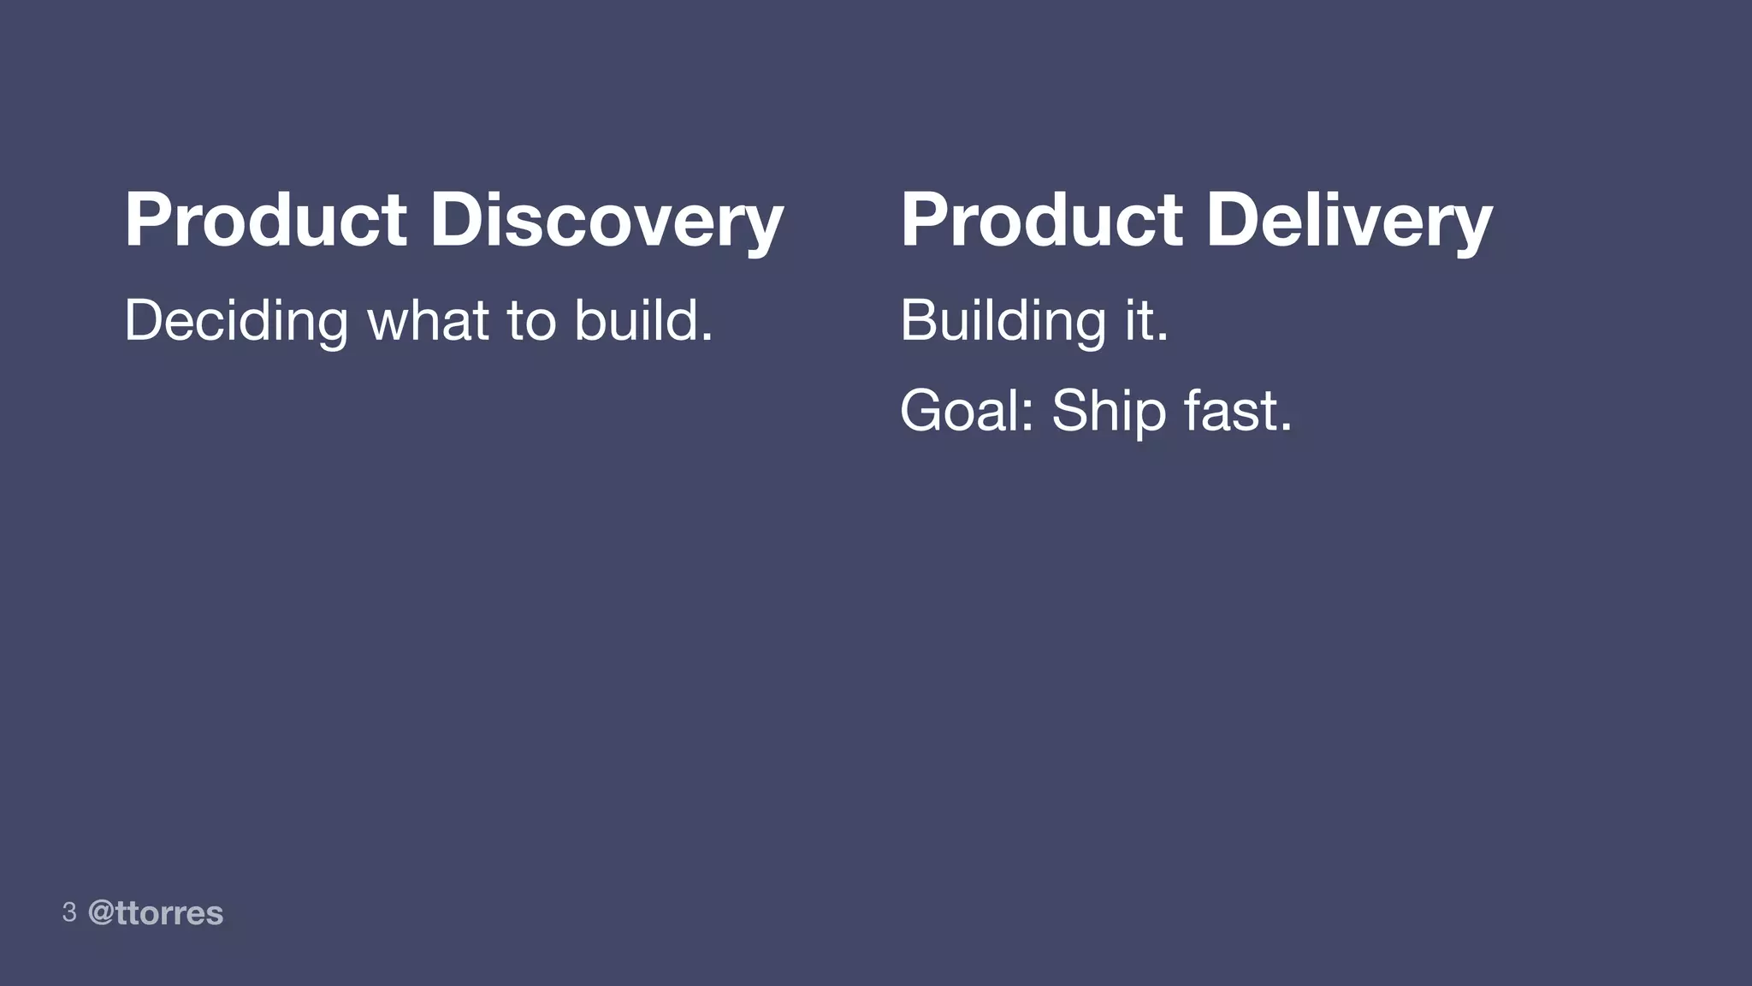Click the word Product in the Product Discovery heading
click(x=265, y=220)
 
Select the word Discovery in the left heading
click(x=607, y=220)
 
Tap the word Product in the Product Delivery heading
click(x=1041, y=220)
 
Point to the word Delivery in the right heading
click(x=1349, y=220)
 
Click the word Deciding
click(x=236, y=321)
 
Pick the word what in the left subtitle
click(x=428, y=321)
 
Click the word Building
click(x=1003, y=321)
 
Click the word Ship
click(x=1109, y=411)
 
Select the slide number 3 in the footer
click(x=69, y=912)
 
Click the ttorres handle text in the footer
click(x=169, y=913)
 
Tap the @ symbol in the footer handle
click(x=101, y=913)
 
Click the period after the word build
click(x=707, y=338)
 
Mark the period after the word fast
click(x=1285, y=428)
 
